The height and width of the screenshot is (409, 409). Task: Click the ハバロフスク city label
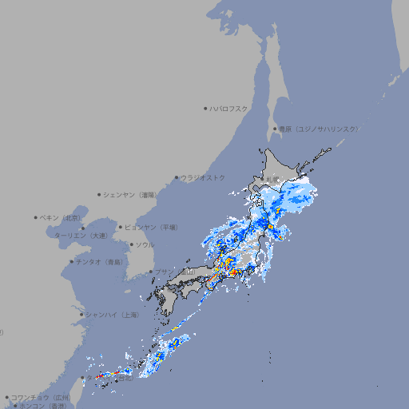coord(230,108)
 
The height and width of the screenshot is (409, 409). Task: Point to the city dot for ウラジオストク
coord(177,177)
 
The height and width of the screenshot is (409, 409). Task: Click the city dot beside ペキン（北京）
coord(36,217)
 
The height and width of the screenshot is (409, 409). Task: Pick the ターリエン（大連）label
coord(81,236)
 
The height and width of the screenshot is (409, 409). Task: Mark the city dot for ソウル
coord(129,245)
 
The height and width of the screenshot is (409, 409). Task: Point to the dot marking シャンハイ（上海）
coord(81,315)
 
